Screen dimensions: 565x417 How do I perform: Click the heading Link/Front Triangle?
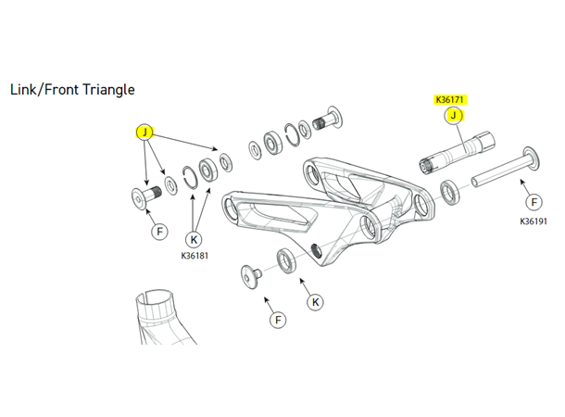coord(72,90)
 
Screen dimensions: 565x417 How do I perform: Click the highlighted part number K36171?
coord(449,99)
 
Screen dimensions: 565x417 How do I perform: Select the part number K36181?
coord(195,256)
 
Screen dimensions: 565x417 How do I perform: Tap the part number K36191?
coord(534,221)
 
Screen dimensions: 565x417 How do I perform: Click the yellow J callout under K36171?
coord(453,115)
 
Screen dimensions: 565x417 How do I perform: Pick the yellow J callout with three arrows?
coord(144,133)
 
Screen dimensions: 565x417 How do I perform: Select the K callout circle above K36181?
coord(194,239)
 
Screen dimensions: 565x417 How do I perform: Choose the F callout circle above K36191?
coord(534,202)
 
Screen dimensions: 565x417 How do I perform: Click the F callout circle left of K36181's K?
coord(160,231)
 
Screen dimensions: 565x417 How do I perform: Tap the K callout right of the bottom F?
coord(315,302)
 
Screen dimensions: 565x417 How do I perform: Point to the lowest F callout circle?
coord(278,320)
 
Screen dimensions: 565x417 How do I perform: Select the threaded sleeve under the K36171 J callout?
coord(457,153)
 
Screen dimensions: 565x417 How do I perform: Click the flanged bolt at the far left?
coord(145,196)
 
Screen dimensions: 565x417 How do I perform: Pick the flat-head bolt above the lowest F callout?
coord(251,276)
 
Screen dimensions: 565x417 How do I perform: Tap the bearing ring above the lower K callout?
coord(286,260)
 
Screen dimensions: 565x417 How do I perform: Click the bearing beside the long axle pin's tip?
coord(449,192)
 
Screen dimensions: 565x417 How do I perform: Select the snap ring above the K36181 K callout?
coord(190,177)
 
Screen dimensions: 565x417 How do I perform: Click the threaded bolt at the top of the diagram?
coord(327,120)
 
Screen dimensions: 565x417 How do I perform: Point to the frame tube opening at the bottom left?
coord(155,297)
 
